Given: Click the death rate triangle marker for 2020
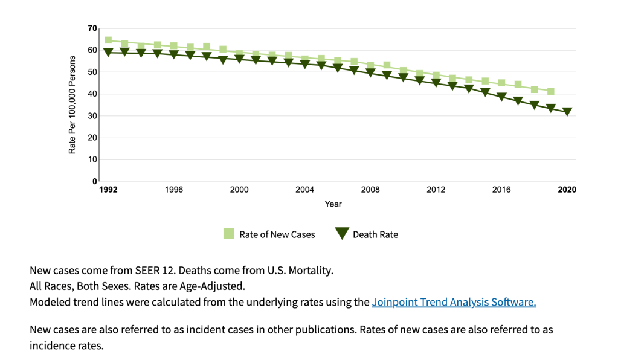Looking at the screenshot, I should coord(567,112).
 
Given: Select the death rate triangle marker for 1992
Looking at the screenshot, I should coord(108,53).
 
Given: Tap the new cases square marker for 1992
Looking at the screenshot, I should coord(108,40).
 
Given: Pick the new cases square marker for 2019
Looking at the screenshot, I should coord(550,92).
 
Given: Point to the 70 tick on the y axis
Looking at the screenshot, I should coord(92,28).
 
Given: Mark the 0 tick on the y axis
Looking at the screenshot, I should coord(95,181).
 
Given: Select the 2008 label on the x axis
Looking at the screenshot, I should coord(370,190).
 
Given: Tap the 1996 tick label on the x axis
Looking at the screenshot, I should coord(173,190).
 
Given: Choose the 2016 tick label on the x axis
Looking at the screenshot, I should coord(501,190).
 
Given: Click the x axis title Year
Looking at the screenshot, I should coord(333,204).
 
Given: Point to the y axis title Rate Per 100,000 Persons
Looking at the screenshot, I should coord(72,104).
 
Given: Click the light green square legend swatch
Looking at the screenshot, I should coord(229,234).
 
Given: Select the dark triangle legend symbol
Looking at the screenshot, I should coord(342,234).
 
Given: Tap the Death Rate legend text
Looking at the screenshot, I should coord(375,234).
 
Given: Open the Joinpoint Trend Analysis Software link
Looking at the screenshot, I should coord(454,302).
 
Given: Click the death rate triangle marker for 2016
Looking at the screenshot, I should coord(501,97).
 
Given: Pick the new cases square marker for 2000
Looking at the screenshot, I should coord(239,54).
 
